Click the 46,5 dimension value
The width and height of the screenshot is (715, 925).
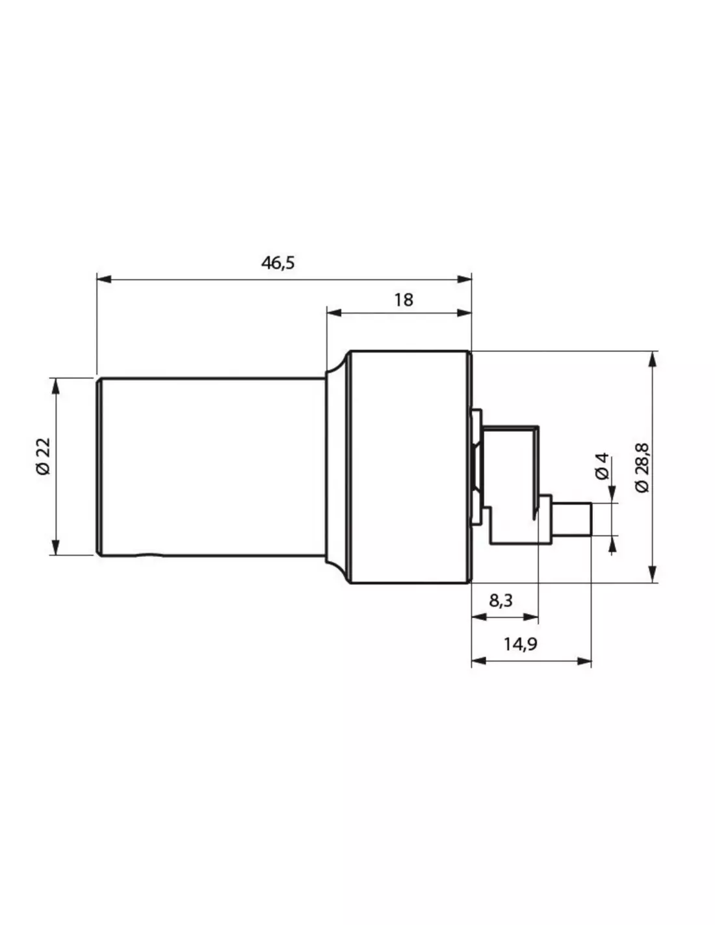pos(278,263)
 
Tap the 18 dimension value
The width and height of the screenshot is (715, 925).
pos(403,300)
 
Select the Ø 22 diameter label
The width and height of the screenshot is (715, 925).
pos(44,456)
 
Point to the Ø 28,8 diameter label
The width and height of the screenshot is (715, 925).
pos(642,468)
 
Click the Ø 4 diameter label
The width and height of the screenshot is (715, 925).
pos(603,467)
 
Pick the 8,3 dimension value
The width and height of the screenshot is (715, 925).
pos(500,600)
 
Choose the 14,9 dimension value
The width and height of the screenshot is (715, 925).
pos(521,644)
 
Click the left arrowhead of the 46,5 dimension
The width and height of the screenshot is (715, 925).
pos(104,279)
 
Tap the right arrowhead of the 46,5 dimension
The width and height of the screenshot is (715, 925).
pos(464,279)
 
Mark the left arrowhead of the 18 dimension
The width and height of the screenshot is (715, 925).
pos(334,314)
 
